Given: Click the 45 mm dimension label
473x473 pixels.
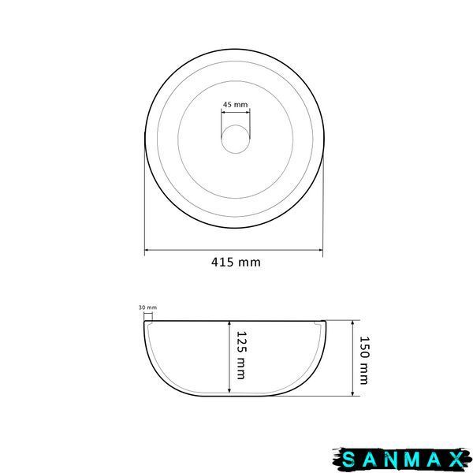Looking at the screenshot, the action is [235, 104].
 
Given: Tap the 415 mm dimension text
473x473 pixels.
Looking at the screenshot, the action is [236, 262].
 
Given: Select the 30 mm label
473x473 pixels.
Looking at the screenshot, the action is [147, 307].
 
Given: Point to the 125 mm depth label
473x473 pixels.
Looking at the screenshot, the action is [241, 355].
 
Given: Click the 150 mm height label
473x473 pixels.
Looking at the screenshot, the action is [363, 360].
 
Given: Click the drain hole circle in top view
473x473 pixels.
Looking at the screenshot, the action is [236, 139].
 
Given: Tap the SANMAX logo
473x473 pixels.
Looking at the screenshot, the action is [401, 460].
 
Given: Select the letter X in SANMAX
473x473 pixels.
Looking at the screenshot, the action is [456, 460].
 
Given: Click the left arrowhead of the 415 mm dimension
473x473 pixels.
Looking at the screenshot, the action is [147, 250].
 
